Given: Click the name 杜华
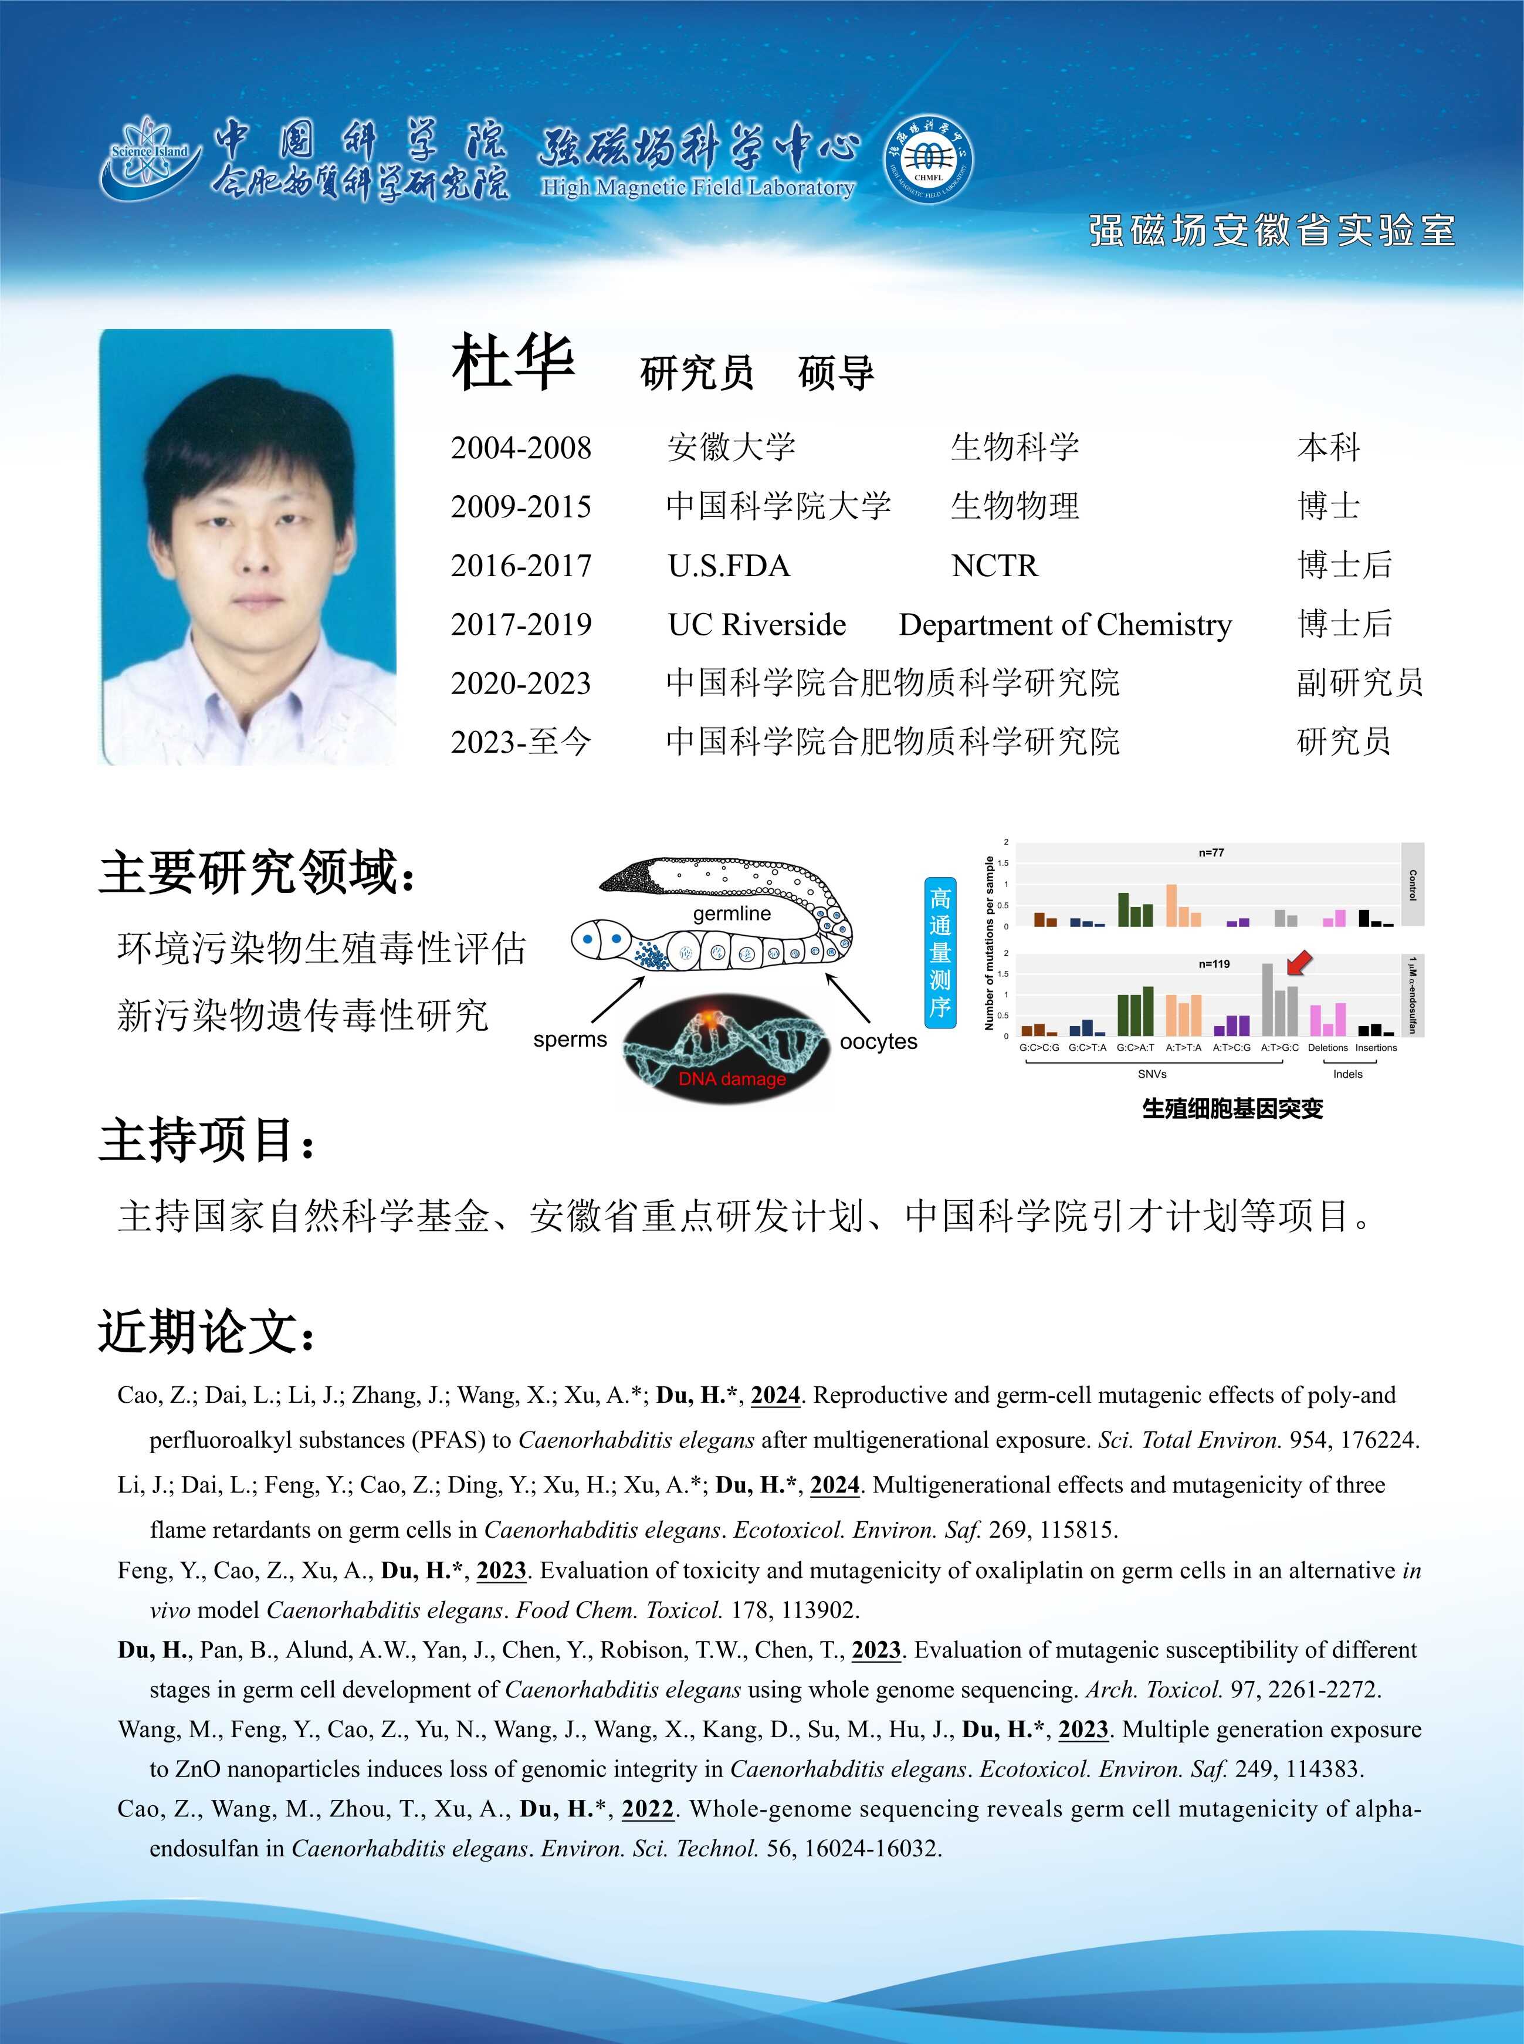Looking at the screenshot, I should [x=513, y=363].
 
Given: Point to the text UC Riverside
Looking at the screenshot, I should [x=757, y=624].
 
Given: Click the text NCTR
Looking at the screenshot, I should [x=994, y=566].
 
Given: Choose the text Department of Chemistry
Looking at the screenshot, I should [x=1065, y=624].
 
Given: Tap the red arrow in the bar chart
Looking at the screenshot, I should [x=1299, y=963].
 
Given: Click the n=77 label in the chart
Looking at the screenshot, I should [x=1211, y=852].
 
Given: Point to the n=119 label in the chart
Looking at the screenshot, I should [x=1214, y=964].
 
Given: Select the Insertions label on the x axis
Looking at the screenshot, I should [x=1376, y=1048].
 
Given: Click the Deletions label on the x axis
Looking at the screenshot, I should [x=1327, y=1048].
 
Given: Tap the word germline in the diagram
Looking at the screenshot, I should [x=731, y=913].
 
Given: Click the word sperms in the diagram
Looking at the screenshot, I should [x=570, y=1040].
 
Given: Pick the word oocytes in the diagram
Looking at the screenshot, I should [x=878, y=1041].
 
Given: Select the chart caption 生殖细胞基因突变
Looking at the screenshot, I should [x=1232, y=1109].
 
